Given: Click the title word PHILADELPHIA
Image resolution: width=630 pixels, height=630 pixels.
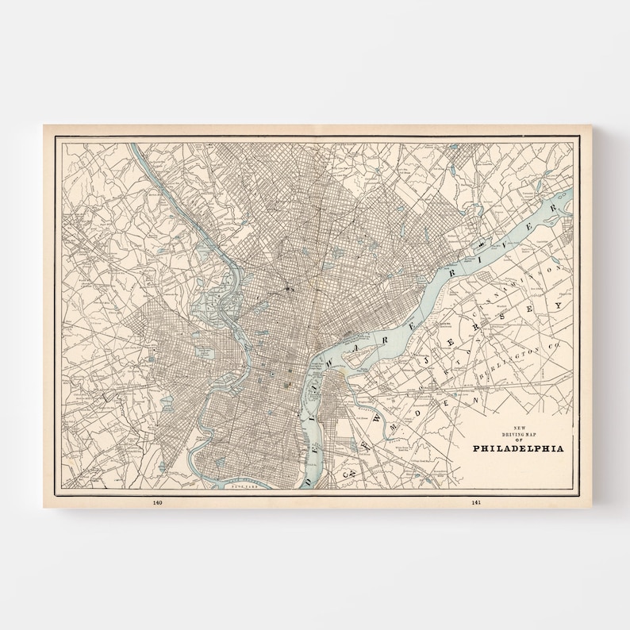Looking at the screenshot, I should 518,448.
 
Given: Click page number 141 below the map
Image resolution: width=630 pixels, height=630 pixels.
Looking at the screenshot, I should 475,502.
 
